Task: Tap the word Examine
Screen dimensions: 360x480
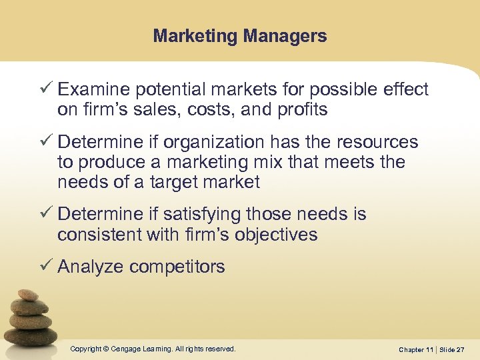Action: (x=93, y=89)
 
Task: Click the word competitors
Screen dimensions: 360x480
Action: (x=177, y=267)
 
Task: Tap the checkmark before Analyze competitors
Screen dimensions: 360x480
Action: (x=47, y=266)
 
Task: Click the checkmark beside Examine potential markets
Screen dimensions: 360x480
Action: (x=47, y=89)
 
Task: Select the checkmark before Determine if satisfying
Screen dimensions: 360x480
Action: (x=47, y=213)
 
